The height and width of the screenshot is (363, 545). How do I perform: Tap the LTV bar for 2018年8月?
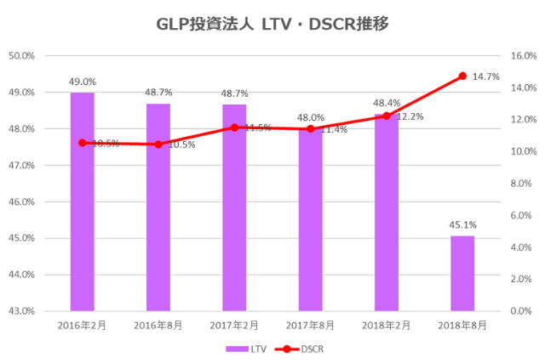point(462,273)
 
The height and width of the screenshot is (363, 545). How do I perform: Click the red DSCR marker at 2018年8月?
point(462,76)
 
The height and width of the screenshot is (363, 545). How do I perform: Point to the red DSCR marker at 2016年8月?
point(158,145)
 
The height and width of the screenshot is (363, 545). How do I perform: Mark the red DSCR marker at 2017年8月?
point(310,129)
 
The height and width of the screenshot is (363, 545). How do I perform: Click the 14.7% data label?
point(485,77)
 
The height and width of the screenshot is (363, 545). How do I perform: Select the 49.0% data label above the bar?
point(82,82)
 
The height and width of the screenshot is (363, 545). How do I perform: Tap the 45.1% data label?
point(462,225)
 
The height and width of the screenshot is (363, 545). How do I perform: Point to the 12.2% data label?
point(410,116)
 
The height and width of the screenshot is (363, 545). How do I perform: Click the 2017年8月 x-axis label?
point(310,325)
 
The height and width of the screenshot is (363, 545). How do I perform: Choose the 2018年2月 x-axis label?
point(386,325)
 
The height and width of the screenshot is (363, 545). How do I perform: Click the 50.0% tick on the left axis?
point(20,56)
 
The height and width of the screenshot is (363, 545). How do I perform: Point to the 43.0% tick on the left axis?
point(20,311)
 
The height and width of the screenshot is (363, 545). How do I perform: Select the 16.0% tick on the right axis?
point(521,56)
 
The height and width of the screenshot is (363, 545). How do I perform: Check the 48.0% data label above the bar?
point(310,118)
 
